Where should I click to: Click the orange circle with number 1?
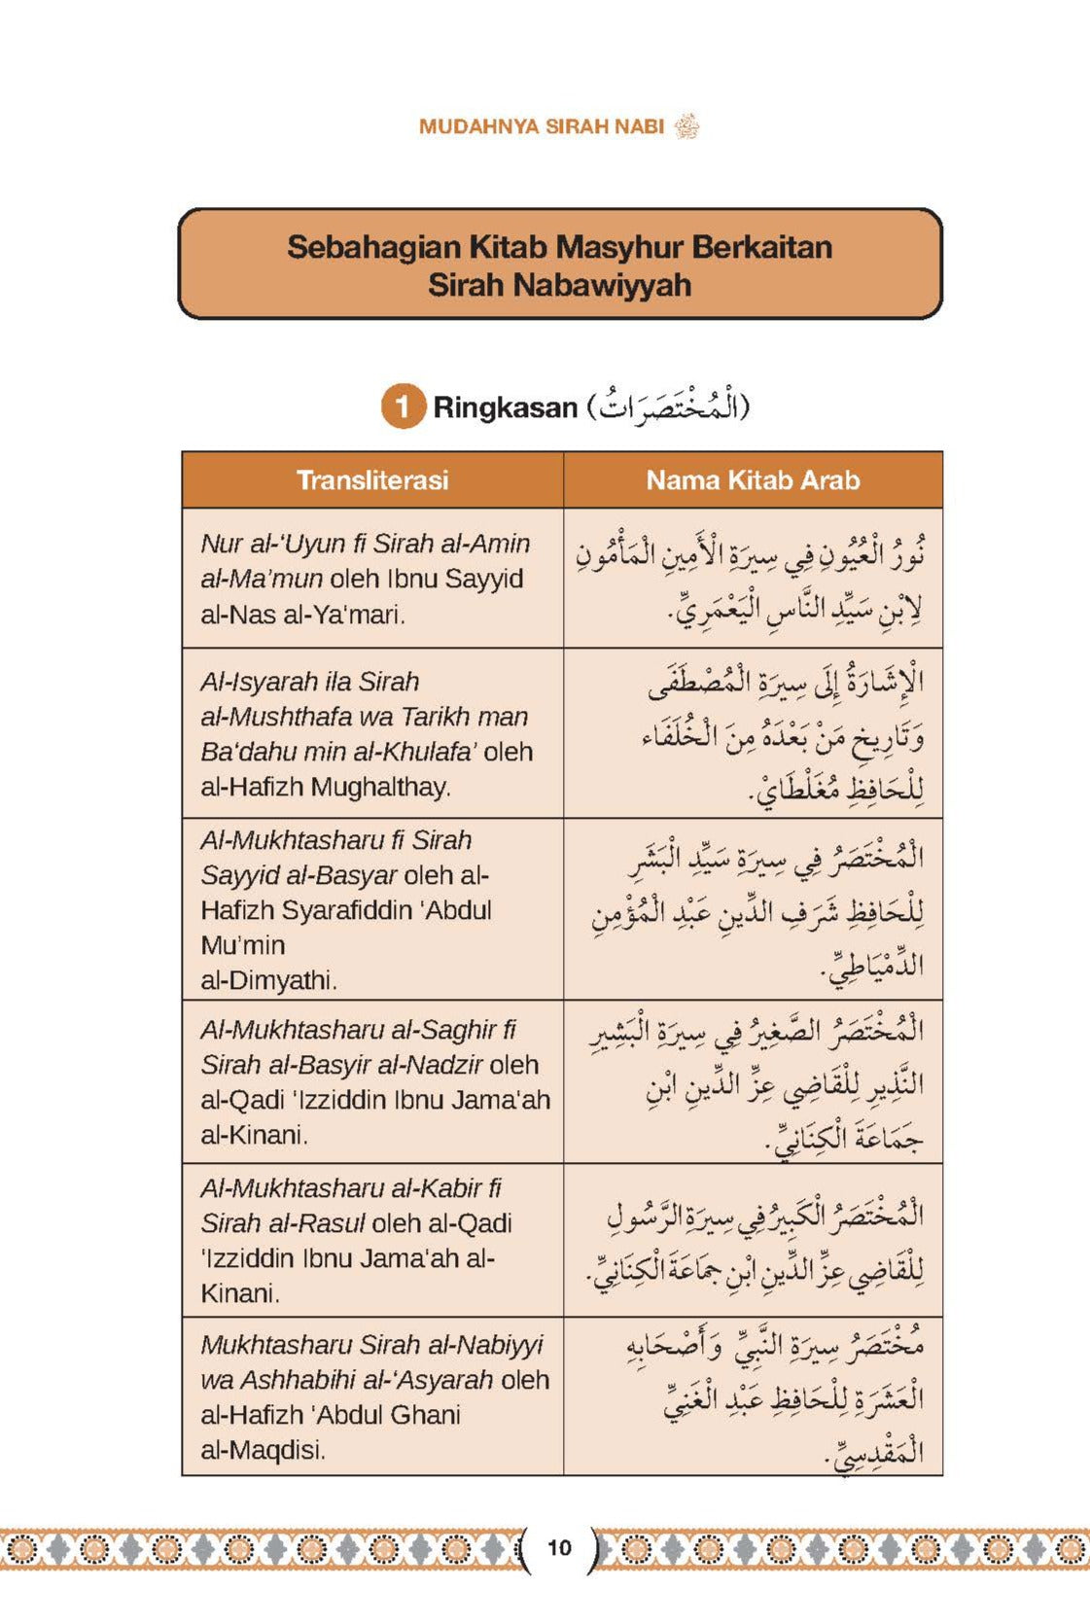click(403, 406)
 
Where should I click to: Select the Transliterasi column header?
click(372, 480)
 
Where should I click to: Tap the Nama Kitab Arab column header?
click(753, 480)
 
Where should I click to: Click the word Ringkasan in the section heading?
click(505, 407)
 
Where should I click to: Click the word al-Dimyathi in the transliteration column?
click(267, 980)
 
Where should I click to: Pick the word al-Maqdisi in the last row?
click(262, 1450)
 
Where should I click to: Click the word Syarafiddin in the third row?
click(360, 910)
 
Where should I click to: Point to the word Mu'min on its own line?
click(242, 945)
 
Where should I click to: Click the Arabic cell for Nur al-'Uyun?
click(753, 579)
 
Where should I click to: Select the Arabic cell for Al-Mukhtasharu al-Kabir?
click(753, 1241)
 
